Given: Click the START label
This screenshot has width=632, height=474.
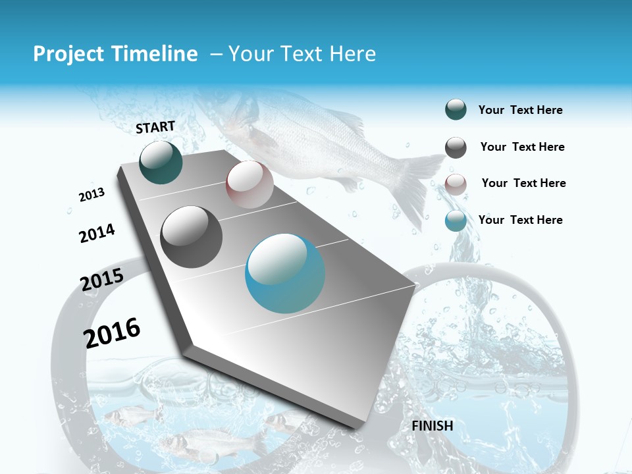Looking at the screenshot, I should [155, 127].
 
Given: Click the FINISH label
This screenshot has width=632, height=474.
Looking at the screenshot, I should [433, 426].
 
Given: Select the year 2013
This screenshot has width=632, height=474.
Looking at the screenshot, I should [92, 195].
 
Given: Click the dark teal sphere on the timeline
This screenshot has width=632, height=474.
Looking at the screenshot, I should [161, 163].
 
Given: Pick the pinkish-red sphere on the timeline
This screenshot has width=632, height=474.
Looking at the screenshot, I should [250, 185].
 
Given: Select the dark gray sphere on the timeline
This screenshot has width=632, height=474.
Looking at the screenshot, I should [192, 237].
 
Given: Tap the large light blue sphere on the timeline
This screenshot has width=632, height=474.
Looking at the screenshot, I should [285, 273].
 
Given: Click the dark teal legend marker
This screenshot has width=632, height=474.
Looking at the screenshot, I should [456, 110].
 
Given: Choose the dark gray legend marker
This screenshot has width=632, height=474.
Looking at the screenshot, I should [456, 147].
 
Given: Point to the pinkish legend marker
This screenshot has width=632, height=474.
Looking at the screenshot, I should [456, 184].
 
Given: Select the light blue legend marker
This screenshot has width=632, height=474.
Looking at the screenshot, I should [456, 221].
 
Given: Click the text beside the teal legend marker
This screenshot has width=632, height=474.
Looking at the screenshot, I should [520, 110].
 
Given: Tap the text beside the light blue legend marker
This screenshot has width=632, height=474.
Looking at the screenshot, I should [520, 220].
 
